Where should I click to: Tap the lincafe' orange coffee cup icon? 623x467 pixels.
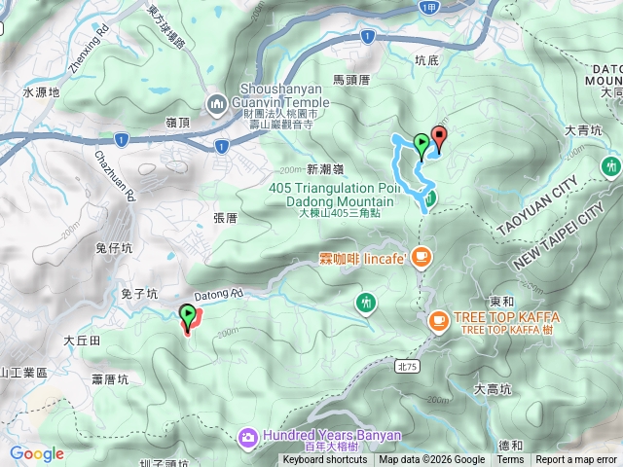[421, 257]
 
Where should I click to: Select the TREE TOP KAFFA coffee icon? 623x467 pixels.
[438, 319]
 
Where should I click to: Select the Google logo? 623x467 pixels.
[37, 453]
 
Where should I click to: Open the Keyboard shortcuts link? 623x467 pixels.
[325, 460]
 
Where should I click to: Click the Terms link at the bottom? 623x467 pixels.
[509, 460]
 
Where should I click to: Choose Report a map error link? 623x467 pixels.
[576, 460]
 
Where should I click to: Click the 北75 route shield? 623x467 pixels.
[406, 367]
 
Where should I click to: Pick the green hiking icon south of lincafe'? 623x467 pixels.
[365, 303]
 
